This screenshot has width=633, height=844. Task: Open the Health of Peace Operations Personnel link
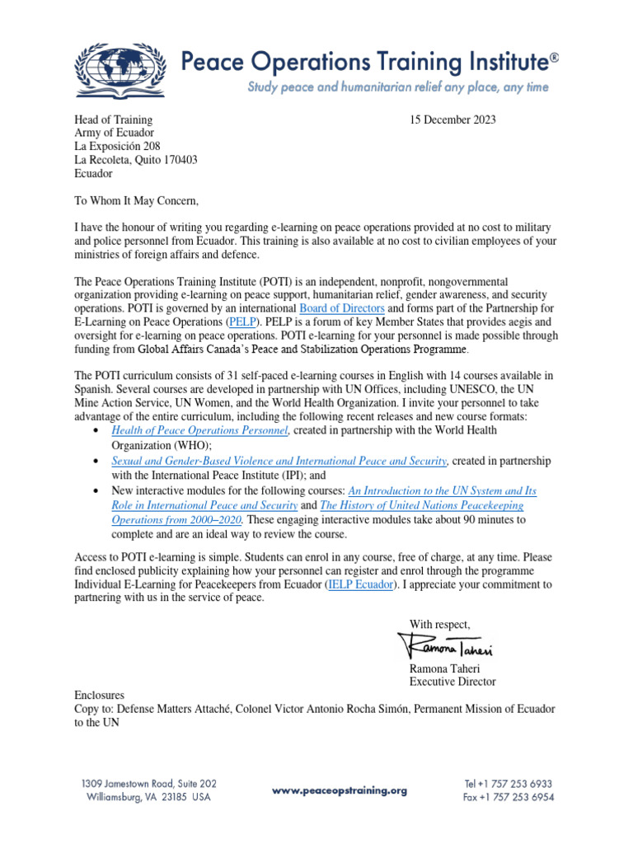[x=199, y=430]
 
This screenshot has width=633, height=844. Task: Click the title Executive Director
[x=452, y=682]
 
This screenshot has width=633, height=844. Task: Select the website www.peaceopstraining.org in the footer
[x=340, y=790]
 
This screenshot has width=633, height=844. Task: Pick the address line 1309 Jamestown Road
[x=148, y=784]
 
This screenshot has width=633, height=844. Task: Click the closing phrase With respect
[x=440, y=622]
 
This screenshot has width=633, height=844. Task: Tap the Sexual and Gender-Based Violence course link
[x=279, y=460]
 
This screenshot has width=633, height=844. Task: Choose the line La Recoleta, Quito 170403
[x=136, y=160]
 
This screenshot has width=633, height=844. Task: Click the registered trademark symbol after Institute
[x=554, y=58]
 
